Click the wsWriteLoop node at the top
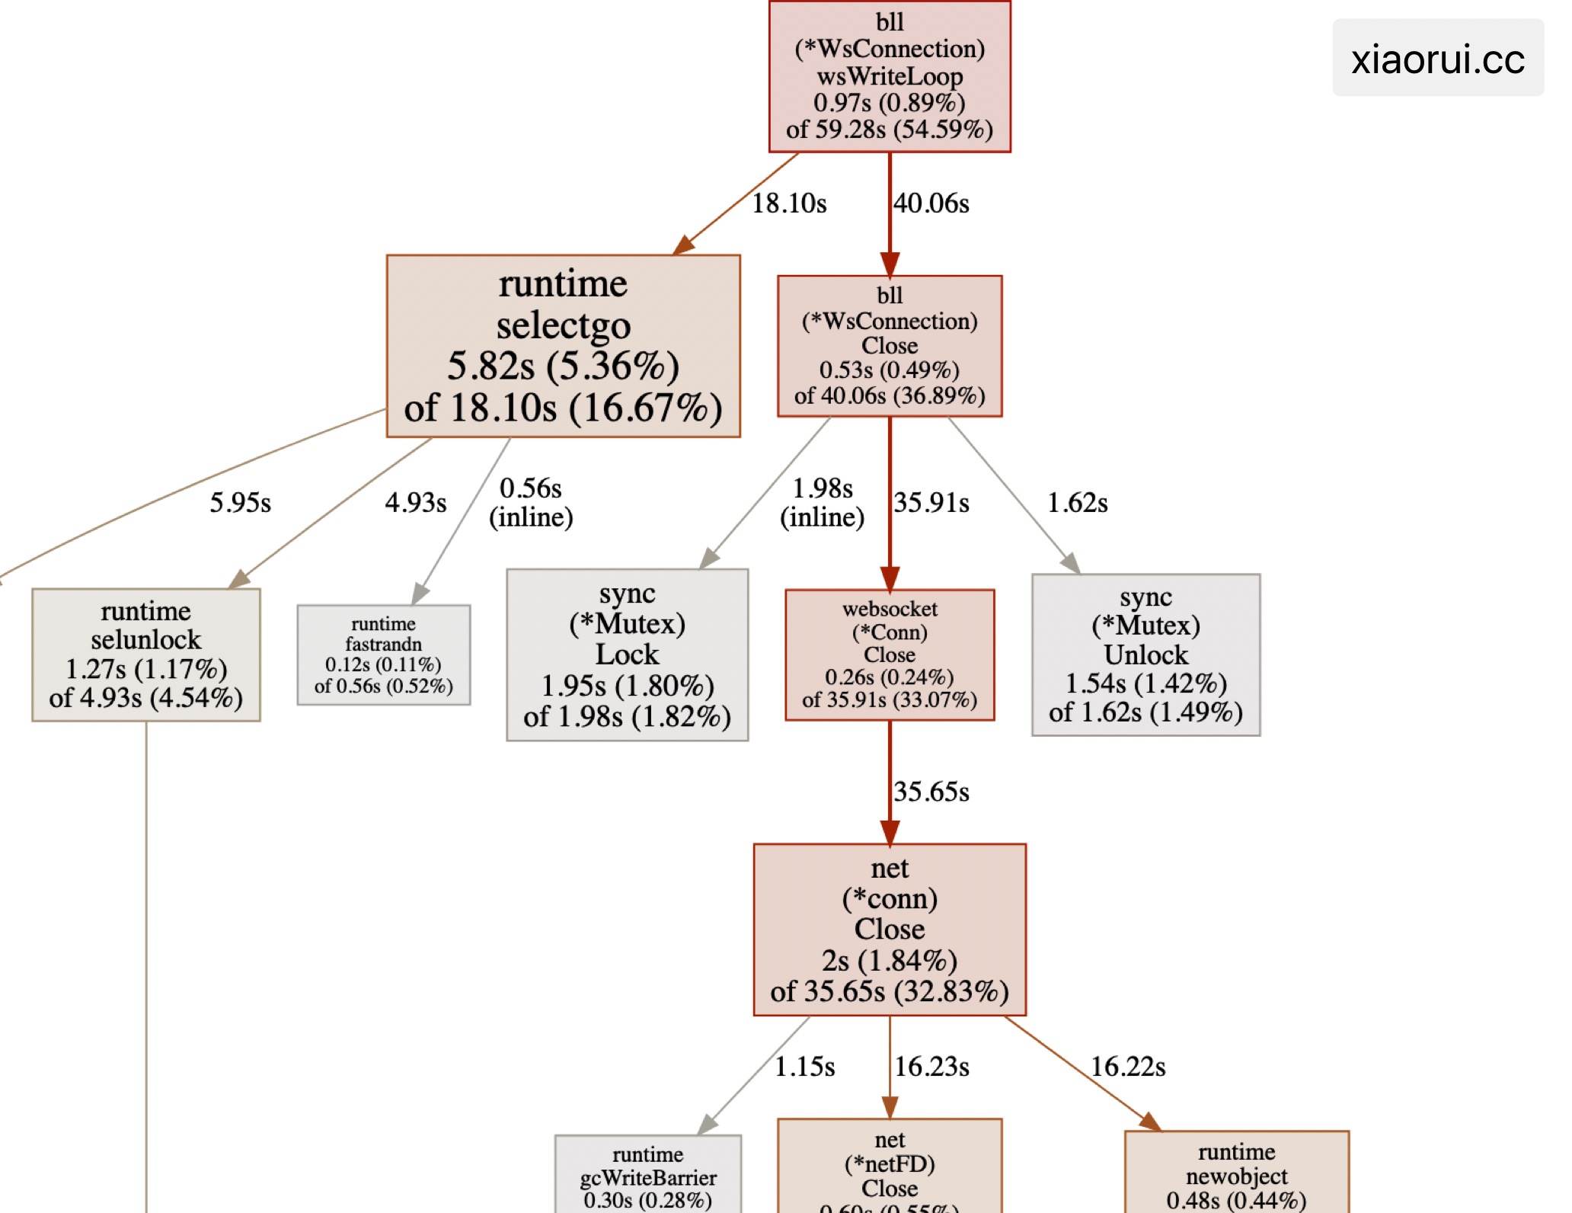[x=890, y=76]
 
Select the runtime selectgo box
[x=563, y=346]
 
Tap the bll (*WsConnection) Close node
[x=890, y=346]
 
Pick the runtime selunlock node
[x=146, y=655]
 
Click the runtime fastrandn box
[x=383, y=655]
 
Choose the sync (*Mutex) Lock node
[x=627, y=655]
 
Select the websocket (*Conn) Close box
[x=890, y=655]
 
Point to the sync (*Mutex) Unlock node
[x=1145, y=655]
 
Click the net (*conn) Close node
[x=890, y=930]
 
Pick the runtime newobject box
[x=1236, y=1173]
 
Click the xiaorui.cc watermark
[x=1438, y=59]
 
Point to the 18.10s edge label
[x=789, y=203]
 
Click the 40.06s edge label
[x=931, y=203]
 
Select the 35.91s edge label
[x=931, y=503]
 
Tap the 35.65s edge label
[x=931, y=792]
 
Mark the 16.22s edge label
[x=1128, y=1067]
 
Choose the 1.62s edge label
[x=1078, y=503]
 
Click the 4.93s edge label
[x=416, y=503]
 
